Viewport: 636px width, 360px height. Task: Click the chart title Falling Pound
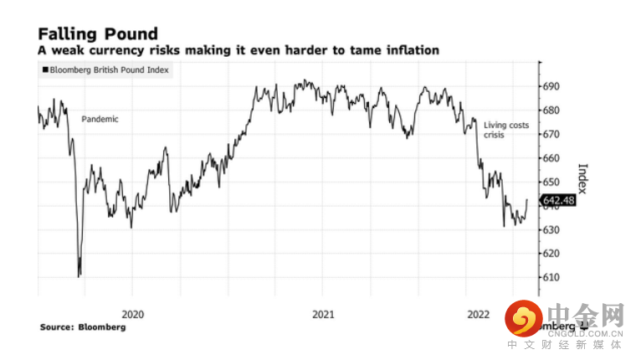tap(98, 33)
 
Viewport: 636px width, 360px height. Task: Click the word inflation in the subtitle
tap(408, 50)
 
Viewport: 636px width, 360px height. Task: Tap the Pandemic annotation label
tap(100, 119)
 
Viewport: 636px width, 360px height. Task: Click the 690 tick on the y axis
tap(551, 86)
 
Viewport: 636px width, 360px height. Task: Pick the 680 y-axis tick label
tap(551, 111)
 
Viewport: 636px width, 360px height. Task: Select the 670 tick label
tap(551, 134)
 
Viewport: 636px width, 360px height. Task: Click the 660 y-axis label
tap(551, 158)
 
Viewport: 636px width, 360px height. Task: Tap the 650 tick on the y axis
tap(551, 182)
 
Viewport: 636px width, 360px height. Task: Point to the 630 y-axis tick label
tap(551, 229)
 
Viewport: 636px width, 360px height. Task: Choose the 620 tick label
tap(551, 253)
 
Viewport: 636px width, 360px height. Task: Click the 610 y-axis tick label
tap(551, 277)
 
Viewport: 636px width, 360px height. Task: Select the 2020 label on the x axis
tap(133, 314)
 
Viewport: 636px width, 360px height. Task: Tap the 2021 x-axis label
tap(323, 314)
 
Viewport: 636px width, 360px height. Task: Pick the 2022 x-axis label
tap(478, 314)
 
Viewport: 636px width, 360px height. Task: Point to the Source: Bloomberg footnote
tap(83, 327)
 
